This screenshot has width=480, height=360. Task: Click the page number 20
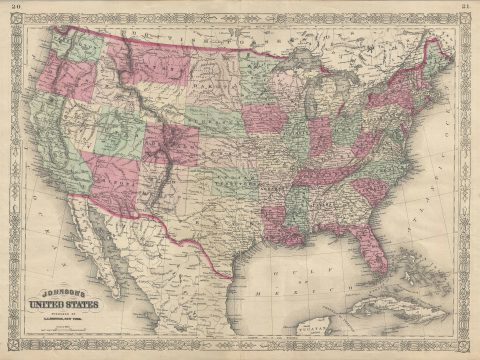tap(14, 8)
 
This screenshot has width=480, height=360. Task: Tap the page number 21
tap(466, 8)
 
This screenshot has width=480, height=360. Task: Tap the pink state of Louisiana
tap(285, 228)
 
